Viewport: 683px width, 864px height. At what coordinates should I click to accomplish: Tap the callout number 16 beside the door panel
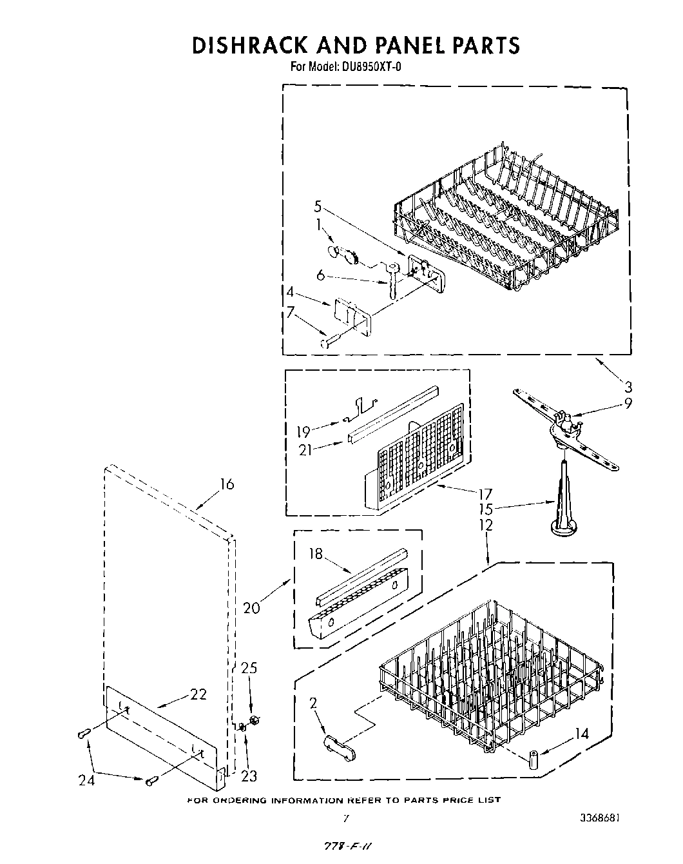pos(226,484)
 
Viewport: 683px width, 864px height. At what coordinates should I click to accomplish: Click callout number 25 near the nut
pos(249,668)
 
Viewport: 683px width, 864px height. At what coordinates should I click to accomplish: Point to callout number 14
pos(581,733)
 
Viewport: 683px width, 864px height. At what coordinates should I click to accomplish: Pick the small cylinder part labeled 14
pos(534,759)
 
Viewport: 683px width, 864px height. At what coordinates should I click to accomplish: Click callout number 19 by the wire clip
pos(303,431)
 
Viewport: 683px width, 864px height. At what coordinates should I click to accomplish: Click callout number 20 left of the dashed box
pos(252,607)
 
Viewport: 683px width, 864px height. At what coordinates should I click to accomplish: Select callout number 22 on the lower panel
pos(198,694)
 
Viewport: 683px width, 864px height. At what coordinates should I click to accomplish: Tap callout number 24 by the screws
pos(86,781)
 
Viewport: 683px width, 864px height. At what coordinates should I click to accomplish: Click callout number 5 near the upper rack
pos(318,206)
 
